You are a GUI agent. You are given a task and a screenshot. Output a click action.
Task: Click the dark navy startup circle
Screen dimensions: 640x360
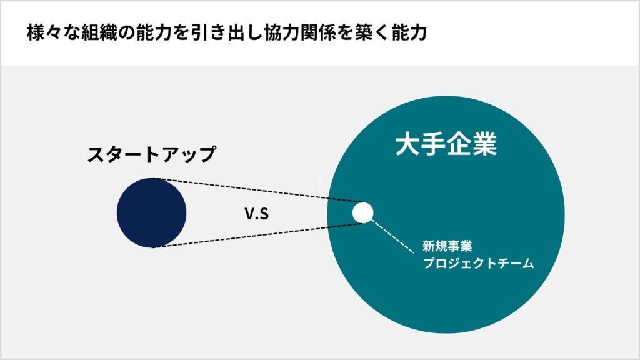(x=151, y=212)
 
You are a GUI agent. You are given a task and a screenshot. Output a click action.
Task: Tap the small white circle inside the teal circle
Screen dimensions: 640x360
(x=363, y=212)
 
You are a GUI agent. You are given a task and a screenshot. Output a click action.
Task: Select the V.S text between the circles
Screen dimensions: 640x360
(x=257, y=214)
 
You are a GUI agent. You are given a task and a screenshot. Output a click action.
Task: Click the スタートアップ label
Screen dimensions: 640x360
(x=151, y=154)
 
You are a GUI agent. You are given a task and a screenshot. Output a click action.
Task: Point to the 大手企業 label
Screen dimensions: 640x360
(x=446, y=144)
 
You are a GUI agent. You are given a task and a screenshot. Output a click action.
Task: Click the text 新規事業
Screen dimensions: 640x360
(x=447, y=246)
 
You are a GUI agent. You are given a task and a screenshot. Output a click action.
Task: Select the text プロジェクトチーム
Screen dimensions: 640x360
(x=478, y=263)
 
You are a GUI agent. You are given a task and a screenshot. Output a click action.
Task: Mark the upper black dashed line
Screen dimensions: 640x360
(x=257, y=190)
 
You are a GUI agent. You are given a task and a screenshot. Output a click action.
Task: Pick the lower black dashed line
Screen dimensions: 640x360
(x=257, y=236)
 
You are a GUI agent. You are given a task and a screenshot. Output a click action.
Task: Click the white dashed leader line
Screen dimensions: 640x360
(x=392, y=237)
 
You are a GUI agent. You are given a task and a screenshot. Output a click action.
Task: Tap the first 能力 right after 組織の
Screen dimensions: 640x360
(x=154, y=32)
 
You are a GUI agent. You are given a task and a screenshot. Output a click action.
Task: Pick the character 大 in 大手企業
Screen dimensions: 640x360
(x=407, y=144)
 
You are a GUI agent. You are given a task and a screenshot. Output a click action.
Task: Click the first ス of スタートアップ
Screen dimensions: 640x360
(x=97, y=154)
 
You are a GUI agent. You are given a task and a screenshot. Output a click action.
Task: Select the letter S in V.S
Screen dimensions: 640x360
(x=264, y=214)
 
